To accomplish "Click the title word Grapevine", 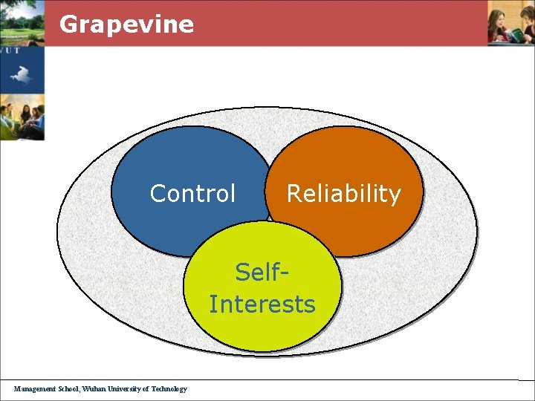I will [x=126, y=25].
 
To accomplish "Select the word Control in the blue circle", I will [x=192, y=193].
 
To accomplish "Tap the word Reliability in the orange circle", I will [x=343, y=193].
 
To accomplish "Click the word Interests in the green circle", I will [x=262, y=304].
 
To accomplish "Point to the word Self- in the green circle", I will [x=262, y=273].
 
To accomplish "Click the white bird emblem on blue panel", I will [x=20, y=74].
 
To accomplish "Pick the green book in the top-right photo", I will [x=515, y=34].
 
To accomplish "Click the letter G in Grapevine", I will [x=68, y=24].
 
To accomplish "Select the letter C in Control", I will [x=158, y=193].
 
